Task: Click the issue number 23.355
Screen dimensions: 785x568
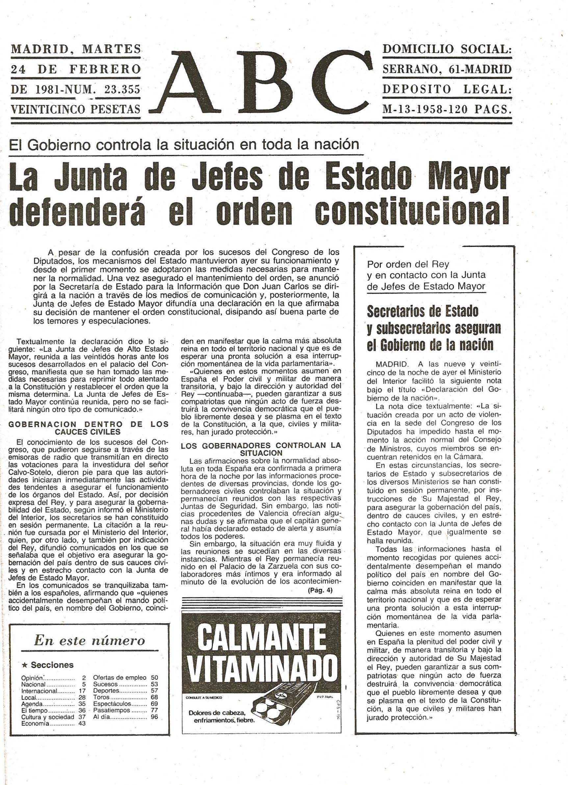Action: pos(122,90)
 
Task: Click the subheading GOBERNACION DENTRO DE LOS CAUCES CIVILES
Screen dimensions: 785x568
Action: pos(88,428)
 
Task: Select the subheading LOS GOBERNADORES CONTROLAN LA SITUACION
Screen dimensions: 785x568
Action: pos(261,449)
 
